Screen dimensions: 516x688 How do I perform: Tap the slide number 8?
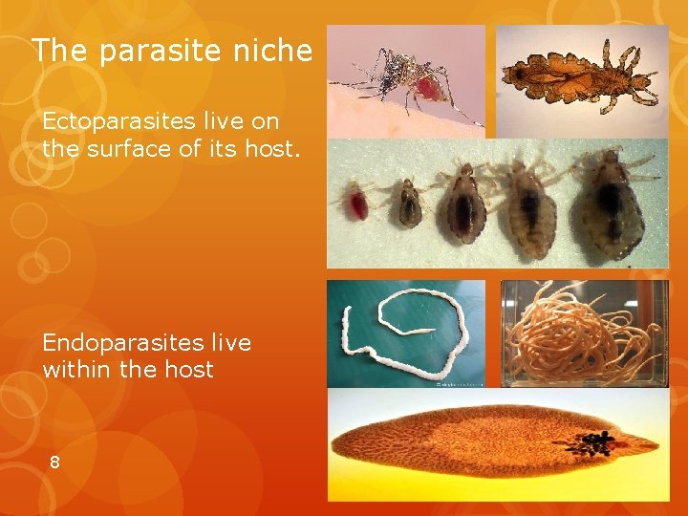click(54, 462)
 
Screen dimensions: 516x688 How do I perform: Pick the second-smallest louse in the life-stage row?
click(409, 202)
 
